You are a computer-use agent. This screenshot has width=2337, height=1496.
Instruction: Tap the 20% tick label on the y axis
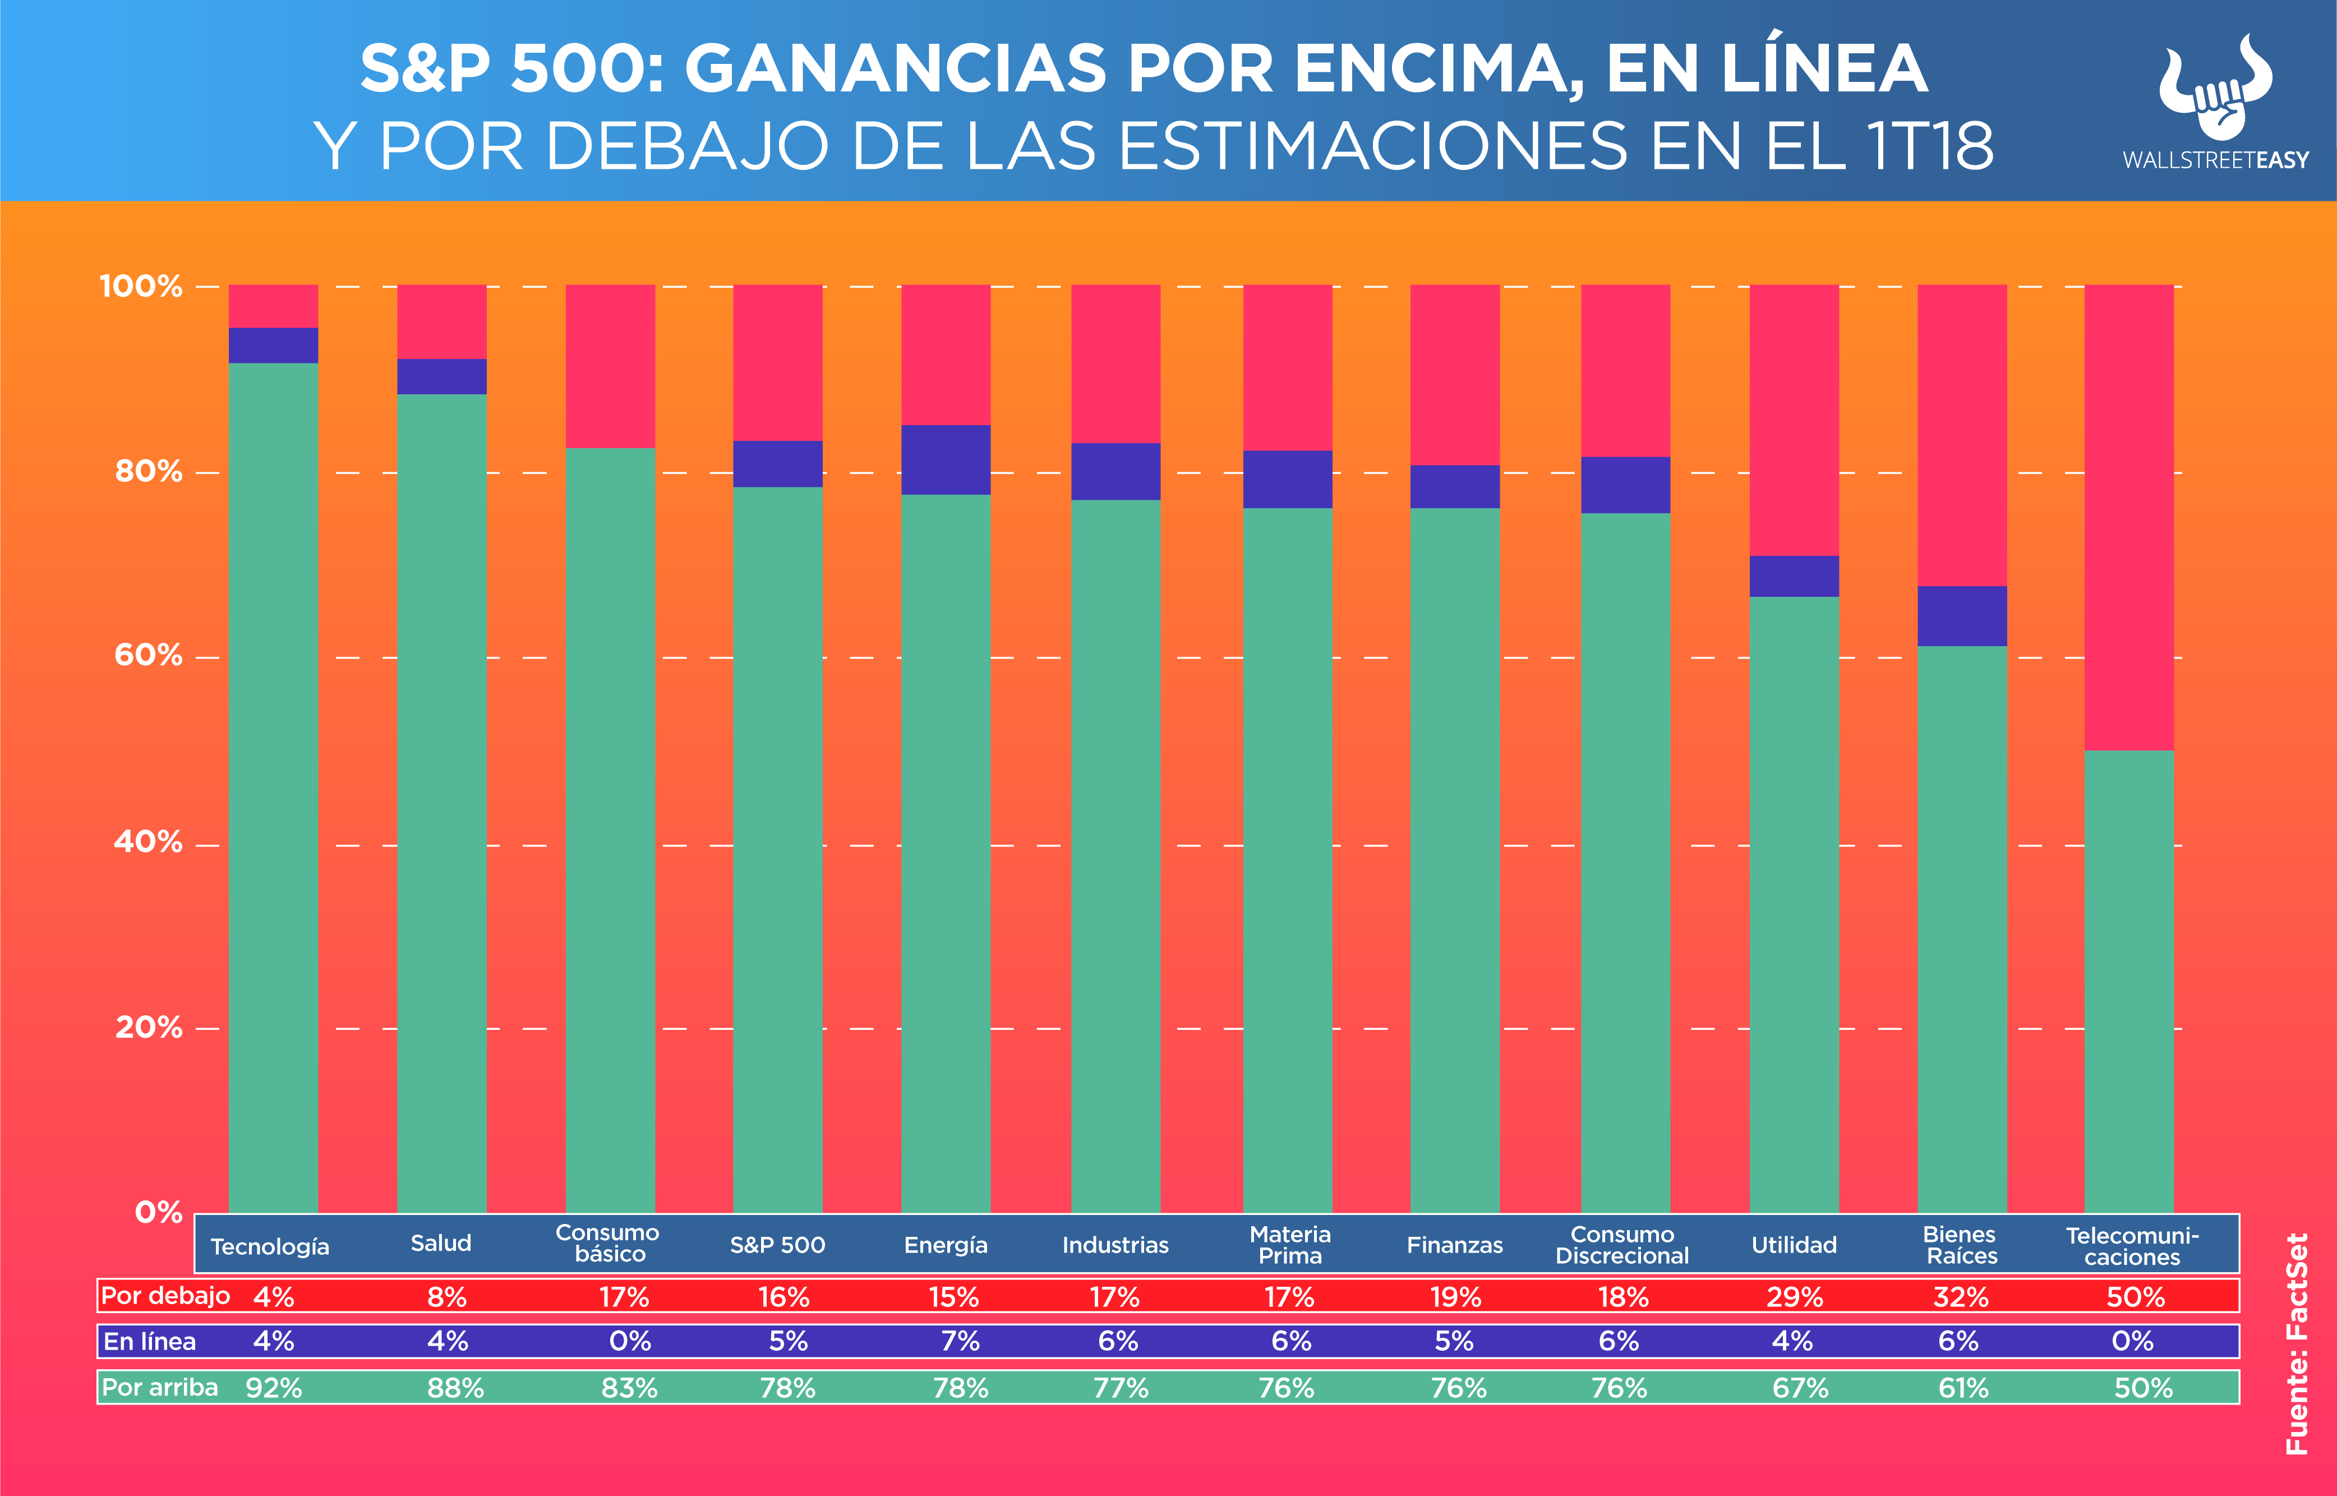click(x=147, y=1027)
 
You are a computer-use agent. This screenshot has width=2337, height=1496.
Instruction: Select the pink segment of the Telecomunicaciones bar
click(x=2128, y=517)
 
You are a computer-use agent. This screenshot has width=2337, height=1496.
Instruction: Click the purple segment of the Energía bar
click(x=945, y=459)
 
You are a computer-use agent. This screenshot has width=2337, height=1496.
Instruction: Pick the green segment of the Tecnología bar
click(x=273, y=787)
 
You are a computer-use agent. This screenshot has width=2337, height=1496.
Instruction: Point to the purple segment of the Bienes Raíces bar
click(x=1961, y=616)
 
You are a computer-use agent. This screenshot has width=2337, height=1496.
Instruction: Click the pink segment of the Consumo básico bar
click(x=610, y=366)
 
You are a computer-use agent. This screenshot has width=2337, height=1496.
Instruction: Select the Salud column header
click(x=441, y=1244)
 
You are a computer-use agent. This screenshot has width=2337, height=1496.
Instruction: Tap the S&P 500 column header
click(x=777, y=1244)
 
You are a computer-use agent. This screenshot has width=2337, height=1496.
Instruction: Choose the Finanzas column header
click(x=1454, y=1244)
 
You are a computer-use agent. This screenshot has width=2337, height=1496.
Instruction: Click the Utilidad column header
click(x=1793, y=1244)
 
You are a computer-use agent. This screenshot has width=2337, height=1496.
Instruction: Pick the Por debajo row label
click(x=165, y=1296)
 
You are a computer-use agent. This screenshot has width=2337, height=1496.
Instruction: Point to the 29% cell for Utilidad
click(x=1794, y=1297)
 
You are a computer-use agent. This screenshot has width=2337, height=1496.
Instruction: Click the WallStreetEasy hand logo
click(x=2215, y=88)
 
